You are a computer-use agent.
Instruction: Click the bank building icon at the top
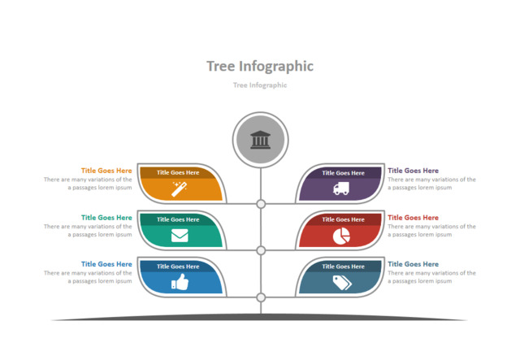[x=261, y=140]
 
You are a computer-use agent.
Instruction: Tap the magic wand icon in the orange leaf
[x=180, y=189]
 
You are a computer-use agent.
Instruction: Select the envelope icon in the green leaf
[x=180, y=236]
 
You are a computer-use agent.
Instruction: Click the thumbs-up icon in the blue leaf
[x=180, y=282]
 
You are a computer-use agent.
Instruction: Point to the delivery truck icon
[x=341, y=189]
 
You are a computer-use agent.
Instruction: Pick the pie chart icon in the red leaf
[x=341, y=236]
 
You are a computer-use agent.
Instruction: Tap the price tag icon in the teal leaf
[x=341, y=282]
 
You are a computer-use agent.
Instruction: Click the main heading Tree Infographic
[x=260, y=66]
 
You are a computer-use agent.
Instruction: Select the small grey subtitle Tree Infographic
[x=260, y=85]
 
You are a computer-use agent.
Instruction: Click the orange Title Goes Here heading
[x=106, y=171]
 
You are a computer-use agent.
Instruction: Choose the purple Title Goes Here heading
[x=413, y=171]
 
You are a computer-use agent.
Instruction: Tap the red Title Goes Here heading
[x=413, y=218]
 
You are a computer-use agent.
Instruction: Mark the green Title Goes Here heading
[x=106, y=218]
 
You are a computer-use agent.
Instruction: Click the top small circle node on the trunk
[x=261, y=204]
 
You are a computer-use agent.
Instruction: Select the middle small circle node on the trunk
[x=261, y=250]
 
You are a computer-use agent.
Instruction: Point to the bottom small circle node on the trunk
[x=261, y=297]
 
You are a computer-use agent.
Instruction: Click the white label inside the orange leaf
[x=178, y=172]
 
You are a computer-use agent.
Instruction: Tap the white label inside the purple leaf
[x=343, y=172]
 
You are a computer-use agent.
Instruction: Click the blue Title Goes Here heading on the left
[x=106, y=264]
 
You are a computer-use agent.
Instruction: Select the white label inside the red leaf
[x=343, y=219]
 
